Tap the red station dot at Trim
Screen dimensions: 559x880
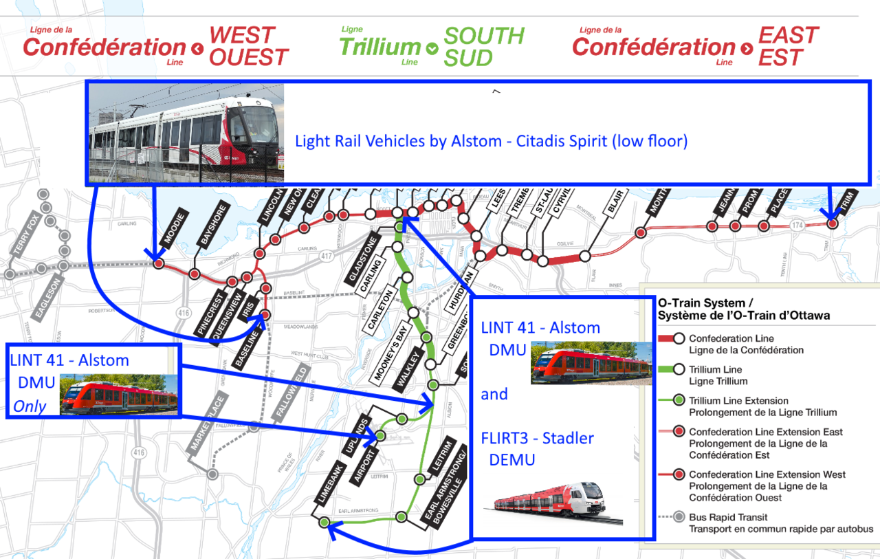click(833, 223)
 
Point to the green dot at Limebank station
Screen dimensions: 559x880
click(324, 523)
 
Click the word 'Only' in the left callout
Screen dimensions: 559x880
click(30, 406)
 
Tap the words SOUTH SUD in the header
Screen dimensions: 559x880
click(483, 46)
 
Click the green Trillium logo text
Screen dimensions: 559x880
click(379, 47)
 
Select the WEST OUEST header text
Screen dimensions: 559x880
click(248, 46)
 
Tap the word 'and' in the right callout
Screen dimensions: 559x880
click(494, 395)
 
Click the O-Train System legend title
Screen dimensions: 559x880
click(742, 309)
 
